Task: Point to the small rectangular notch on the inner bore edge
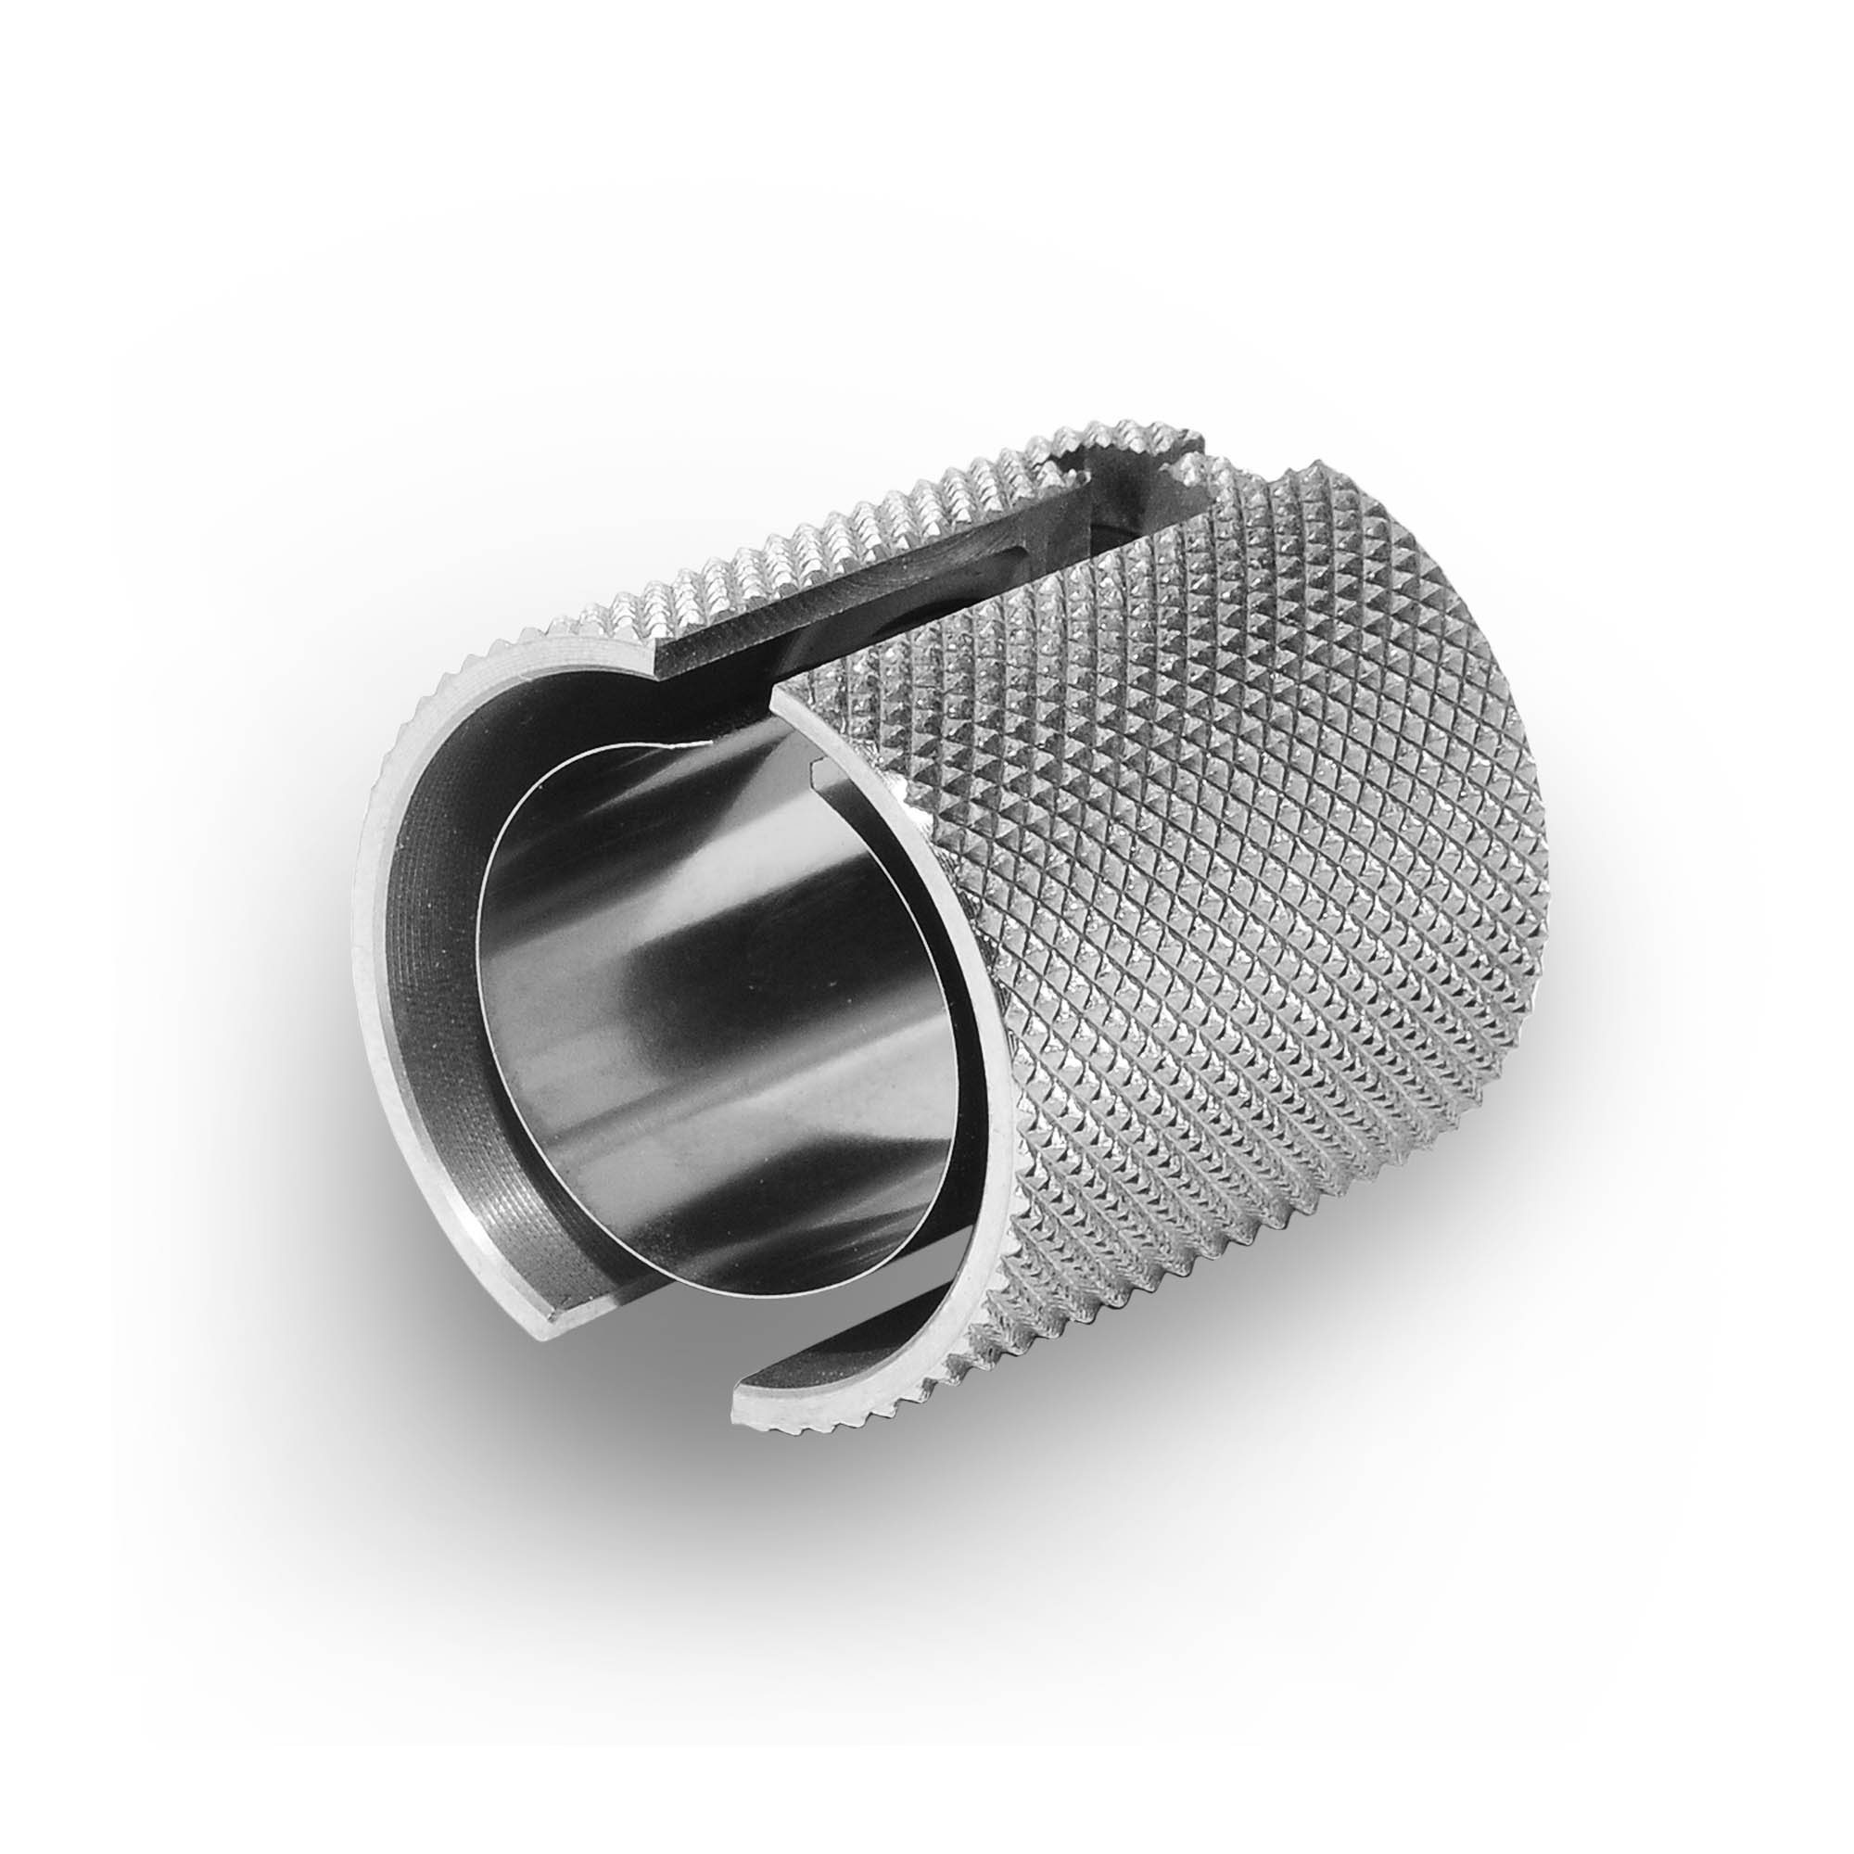pos(819,767)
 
